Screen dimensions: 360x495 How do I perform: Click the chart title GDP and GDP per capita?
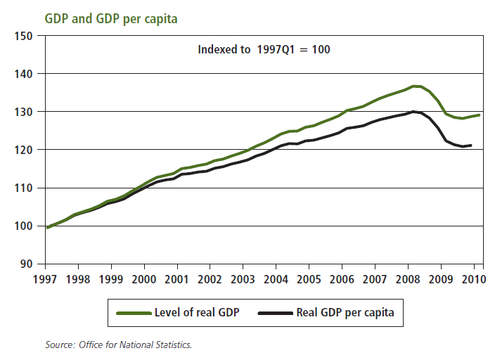110,19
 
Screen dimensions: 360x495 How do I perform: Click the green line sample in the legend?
134,314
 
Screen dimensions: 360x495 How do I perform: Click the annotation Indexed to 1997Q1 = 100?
264,50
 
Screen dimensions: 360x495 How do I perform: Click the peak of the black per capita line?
413,111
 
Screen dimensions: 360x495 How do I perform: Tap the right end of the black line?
470,146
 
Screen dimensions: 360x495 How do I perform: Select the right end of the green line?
480,115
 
